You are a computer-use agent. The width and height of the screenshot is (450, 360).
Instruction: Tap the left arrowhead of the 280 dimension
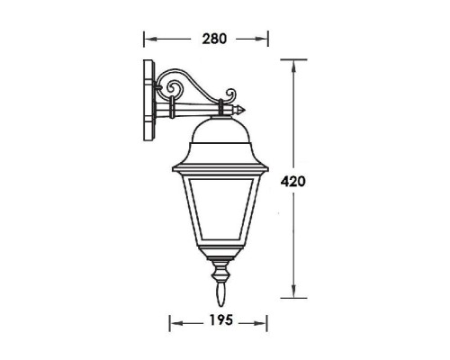pyautogui.click(x=149, y=40)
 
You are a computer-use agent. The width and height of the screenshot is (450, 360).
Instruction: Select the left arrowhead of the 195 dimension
pyautogui.click(x=174, y=321)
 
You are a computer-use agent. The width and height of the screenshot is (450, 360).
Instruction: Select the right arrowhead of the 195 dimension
pyautogui.click(x=261, y=321)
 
